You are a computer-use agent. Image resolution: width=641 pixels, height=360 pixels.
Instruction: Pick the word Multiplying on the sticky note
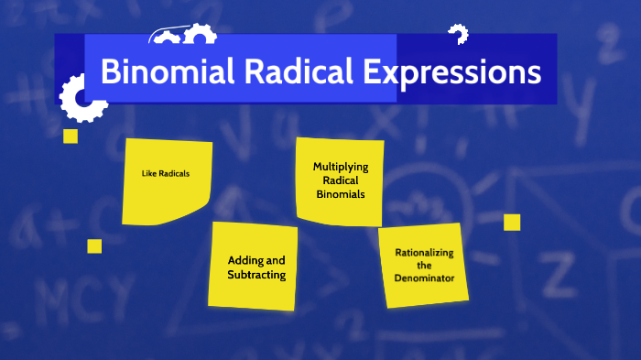[x=341, y=167]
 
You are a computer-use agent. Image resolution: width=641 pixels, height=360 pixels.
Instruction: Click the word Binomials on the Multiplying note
[x=341, y=194]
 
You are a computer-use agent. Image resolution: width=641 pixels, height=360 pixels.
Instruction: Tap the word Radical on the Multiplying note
[x=341, y=180]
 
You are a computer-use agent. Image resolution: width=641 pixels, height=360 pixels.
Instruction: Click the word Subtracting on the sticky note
[x=257, y=275]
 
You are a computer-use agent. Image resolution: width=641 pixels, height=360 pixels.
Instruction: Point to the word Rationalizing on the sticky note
[x=424, y=252]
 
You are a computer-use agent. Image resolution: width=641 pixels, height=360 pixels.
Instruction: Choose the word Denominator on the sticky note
[x=424, y=277]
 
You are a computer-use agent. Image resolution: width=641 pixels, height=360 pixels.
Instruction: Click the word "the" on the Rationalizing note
[x=424, y=265]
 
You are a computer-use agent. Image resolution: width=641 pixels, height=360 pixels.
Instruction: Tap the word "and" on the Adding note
[x=276, y=260]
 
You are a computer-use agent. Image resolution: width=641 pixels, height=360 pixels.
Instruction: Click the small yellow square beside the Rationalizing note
[x=512, y=222]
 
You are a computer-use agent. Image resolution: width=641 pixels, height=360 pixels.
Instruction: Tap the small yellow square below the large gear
[x=71, y=136]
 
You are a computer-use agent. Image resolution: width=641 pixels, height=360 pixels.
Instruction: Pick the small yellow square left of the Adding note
[x=94, y=245]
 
